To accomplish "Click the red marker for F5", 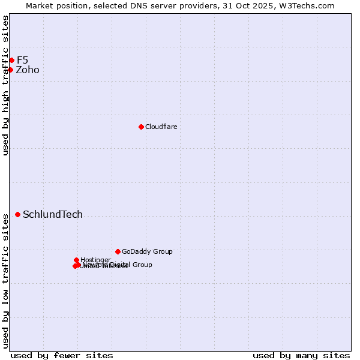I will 11,60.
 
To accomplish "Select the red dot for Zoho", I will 10,70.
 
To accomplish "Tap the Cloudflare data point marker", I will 141,127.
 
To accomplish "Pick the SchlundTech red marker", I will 17,214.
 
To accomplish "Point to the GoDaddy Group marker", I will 118,251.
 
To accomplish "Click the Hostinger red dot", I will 76,260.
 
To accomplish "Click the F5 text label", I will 22,60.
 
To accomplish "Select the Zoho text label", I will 28,70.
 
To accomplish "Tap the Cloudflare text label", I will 161,127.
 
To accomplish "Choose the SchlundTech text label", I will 53,215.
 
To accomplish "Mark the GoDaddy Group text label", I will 147,251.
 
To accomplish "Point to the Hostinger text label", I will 95,260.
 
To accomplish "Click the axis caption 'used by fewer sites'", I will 62,355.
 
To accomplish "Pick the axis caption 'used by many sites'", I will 301,355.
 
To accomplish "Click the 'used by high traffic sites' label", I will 5,85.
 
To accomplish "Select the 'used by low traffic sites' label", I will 5,281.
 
